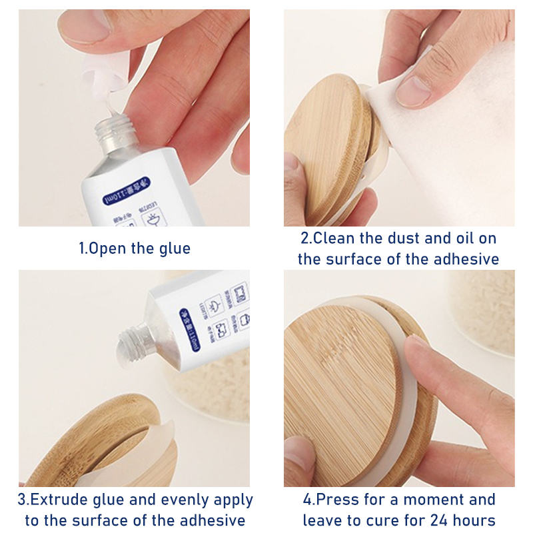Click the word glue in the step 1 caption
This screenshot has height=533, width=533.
[x=174, y=249]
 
